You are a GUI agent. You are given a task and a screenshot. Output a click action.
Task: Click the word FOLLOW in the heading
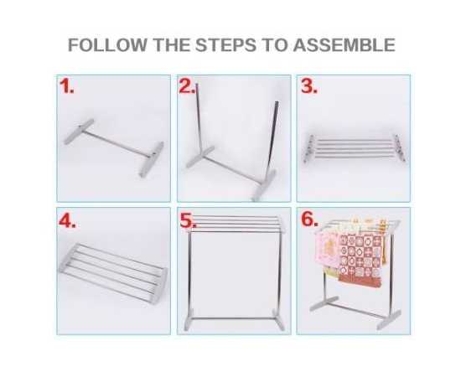coord(107,45)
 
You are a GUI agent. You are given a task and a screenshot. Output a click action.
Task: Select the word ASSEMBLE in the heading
coord(344,45)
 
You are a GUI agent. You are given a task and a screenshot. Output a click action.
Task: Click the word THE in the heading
coord(171,45)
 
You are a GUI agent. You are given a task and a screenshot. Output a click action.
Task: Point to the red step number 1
coord(66,86)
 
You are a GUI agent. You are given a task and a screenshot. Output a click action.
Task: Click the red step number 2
coord(187,86)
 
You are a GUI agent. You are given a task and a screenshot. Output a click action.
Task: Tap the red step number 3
coord(309,86)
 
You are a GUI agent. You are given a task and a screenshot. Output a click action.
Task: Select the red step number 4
coord(67,220)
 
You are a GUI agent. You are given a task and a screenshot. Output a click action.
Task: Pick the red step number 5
coord(188,220)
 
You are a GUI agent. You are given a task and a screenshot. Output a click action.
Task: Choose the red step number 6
coord(309,219)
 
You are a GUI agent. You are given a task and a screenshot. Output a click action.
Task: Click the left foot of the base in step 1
coord(79,132)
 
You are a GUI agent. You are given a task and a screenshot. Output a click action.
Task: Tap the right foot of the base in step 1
coord(152,159)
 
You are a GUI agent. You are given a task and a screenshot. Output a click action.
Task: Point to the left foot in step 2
coord(199,157)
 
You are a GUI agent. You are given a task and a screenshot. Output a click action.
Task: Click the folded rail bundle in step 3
coord(355,148)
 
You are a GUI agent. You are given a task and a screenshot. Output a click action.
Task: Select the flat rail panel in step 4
coord(114,272)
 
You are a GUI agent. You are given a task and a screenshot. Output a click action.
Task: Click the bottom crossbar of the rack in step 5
coord(234,318)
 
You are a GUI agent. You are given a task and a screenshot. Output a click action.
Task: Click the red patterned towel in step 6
coord(360,259)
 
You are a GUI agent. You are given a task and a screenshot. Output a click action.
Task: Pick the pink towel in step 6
coord(327,250)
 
